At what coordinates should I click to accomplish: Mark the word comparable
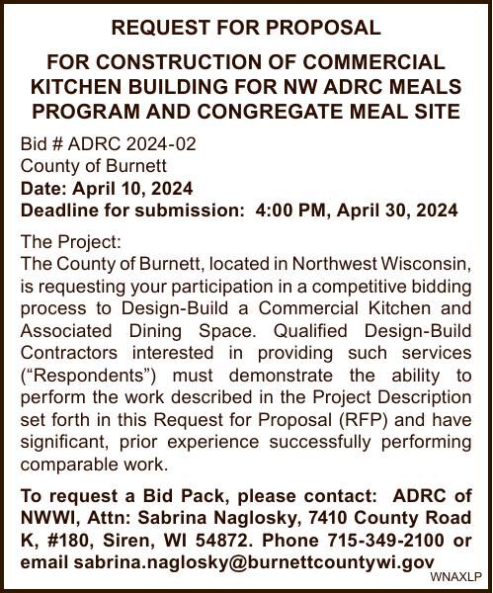point(70,464)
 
